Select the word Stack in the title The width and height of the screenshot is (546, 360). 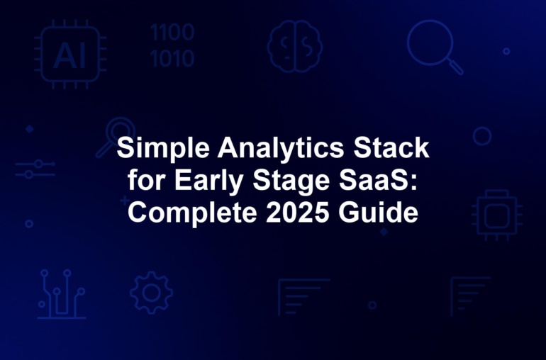click(x=391, y=147)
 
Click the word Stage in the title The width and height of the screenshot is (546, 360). click(x=291, y=181)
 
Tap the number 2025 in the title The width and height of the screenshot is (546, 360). click(x=297, y=213)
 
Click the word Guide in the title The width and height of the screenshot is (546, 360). click(x=378, y=213)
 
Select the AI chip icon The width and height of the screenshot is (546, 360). click(x=70, y=55)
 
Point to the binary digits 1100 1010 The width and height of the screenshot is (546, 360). click(x=172, y=45)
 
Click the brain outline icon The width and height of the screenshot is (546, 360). click(x=294, y=46)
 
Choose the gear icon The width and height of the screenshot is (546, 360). click(x=152, y=293)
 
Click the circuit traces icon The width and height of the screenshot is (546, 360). click(x=62, y=294)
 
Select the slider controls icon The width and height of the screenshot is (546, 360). click(x=35, y=169)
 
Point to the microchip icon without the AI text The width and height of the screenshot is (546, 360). click(x=497, y=215)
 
